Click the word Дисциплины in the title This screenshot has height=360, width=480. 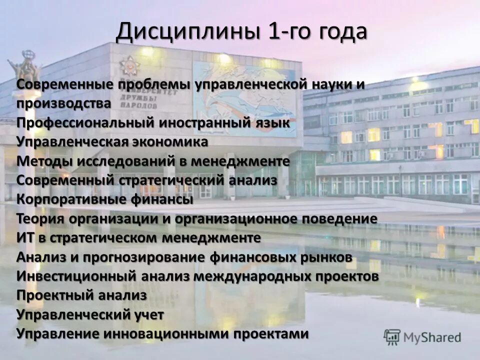(x=188, y=33)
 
